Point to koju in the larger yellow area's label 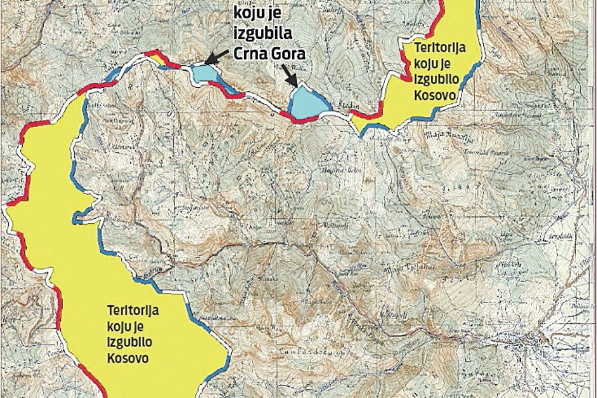point(122,327)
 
